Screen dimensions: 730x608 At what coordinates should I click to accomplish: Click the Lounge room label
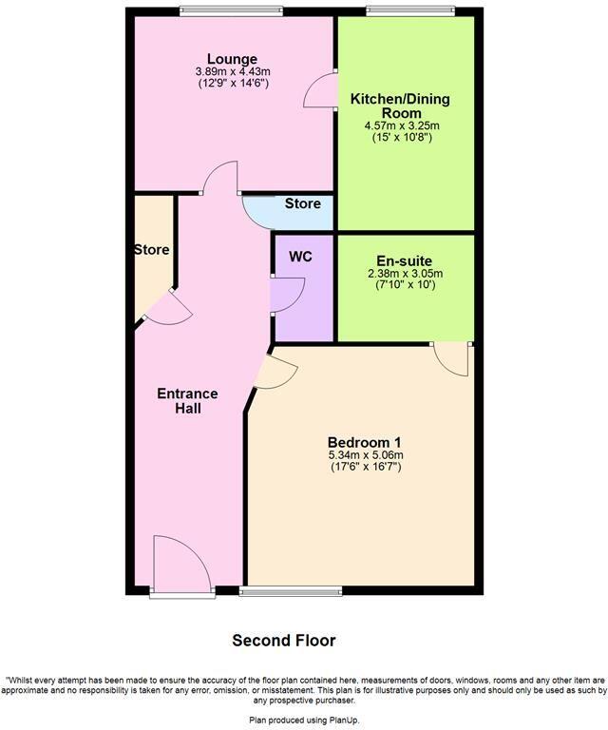pyautogui.click(x=232, y=59)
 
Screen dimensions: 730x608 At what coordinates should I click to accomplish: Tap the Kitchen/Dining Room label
pyautogui.click(x=400, y=106)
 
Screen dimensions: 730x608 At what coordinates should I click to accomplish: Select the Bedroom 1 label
pyautogui.click(x=365, y=442)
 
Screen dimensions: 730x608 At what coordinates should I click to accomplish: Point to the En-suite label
pyautogui.click(x=405, y=260)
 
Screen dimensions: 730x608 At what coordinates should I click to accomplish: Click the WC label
pyautogui.click(x=300, y=257)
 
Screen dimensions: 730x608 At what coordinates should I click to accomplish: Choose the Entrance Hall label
pyautogui.click(x=187, y=401)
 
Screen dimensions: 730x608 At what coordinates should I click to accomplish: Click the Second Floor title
pyautogui.click(x=284, y=641)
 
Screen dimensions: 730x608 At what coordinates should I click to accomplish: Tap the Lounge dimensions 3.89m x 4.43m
pyautogui.click(x=233, y=71)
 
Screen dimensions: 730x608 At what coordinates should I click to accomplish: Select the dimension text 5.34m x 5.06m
pyautogui.click(x=366, y=455)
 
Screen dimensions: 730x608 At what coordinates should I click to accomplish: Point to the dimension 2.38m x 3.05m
pyautogui.click(x=405, y=273)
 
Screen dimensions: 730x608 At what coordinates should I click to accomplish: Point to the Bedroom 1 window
pyautogui.click(x=291, y=591)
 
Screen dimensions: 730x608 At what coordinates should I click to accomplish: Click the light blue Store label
pyautogui.click(x=303, y=203)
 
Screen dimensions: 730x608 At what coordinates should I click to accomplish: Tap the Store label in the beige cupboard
pyautogui.click(x=151, y=250)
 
